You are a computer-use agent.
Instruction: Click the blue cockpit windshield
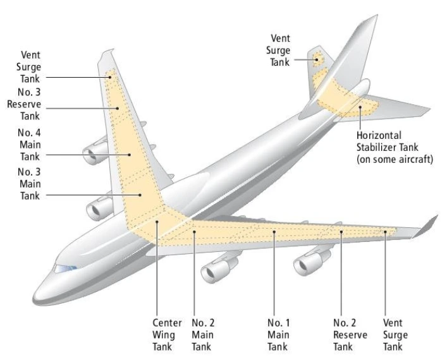[x=66, y=268]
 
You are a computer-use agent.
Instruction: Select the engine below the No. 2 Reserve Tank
[x=310, y=261]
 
